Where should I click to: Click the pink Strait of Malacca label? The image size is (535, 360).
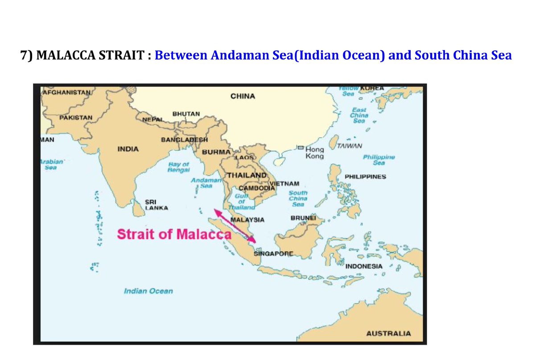(174, 234)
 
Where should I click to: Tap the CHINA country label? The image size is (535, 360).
(243, 96)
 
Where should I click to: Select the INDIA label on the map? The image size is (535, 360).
(128, 149)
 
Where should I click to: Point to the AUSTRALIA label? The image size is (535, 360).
(388, 333)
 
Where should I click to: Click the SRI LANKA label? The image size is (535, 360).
(153, 204)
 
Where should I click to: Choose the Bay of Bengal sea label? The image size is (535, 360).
(179, 168)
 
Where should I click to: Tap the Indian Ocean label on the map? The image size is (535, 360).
(148, 291)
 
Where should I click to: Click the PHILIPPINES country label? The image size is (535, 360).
(365, 177)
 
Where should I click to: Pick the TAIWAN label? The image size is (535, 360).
(350, 146)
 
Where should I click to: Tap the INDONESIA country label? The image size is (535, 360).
(364, 266)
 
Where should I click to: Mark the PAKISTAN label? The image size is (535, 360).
(76, 117)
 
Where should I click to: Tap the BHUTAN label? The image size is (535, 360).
(186, 114)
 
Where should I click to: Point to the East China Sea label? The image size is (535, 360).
(359, 115)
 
